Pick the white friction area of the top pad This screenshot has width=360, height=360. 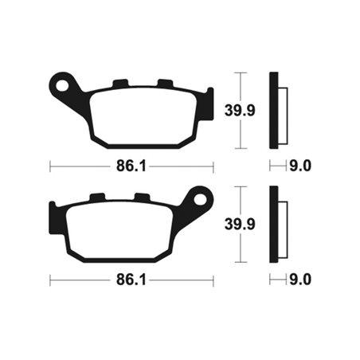[x=143, y=116]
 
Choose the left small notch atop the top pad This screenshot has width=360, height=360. [x=121, y=84]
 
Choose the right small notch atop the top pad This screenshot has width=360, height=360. [x=164, y=84]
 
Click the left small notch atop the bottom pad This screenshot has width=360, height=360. [x=97, y=198]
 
